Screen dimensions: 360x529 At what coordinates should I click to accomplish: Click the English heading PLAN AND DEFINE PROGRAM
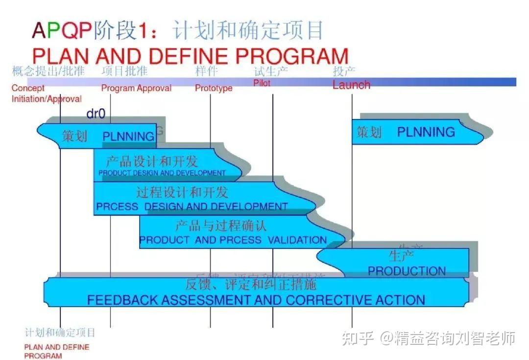pyautogui.click(x=190, y=56)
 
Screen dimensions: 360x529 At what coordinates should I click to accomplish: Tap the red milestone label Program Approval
pyautogui.click(x=136, y=88)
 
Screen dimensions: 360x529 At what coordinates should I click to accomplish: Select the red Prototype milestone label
pyautogui.click(x=214, y=88)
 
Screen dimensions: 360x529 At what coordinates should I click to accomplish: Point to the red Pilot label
pyautogui.click(x=262, y=83)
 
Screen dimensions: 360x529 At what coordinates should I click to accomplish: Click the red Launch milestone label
pyautogui.click(x=351, y=85)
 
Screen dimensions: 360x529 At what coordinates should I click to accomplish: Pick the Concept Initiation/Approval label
pyautogui.click(x=47, y=94)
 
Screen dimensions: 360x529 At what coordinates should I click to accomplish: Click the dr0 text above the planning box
pyautogui.click(x=96, y=115)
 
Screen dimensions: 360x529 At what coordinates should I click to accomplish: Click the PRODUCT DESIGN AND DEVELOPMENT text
pyautogui.click(x=162, y=173)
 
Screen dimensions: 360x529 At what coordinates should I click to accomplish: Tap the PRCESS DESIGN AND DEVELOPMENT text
pyautogui.click(x=192, y=207)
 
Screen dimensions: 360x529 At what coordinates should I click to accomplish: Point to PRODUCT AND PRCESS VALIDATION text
pyautogui.click(x=233, y=240)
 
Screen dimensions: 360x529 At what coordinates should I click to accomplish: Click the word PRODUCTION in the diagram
pyautogui.click(x=407, y=271)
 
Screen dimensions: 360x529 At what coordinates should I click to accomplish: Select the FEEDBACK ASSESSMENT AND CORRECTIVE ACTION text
pyautogui.click(x=256, y=300)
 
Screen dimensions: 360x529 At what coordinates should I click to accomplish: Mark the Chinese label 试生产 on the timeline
pyautogui.click(x=270, y=72)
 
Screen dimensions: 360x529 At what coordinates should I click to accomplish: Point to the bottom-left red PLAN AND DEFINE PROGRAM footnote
pyautogui.click(x=57, y=351)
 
